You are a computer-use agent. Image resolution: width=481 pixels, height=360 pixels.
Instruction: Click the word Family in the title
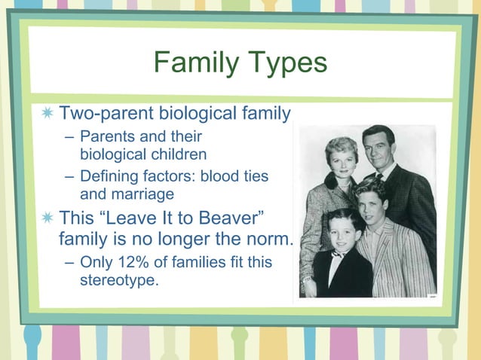pos(197,63)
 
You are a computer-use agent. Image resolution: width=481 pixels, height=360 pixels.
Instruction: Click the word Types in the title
pos(288,63)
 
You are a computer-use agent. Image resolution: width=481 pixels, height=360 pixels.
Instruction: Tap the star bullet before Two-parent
pos(48,114)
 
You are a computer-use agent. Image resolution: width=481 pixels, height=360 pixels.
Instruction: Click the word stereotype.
pos(119,281)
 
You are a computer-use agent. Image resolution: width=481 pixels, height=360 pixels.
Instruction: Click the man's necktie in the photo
pos(380,178)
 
